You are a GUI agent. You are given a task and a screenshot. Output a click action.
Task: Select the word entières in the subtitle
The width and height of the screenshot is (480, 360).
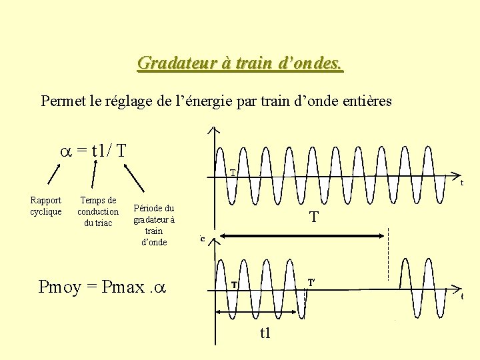point(366,101)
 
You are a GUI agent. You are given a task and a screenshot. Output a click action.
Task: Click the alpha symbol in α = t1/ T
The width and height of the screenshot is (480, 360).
point(65,150)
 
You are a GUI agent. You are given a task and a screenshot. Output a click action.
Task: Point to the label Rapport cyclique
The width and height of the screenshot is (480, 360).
point(46,206)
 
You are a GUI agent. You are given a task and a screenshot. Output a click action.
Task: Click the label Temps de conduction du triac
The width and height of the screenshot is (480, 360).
point(98,211)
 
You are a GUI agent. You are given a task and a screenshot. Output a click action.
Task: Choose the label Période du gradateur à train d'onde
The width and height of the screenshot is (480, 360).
point(154,225)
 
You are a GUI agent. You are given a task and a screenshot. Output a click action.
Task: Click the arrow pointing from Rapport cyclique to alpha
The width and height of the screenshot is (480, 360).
point(53,173)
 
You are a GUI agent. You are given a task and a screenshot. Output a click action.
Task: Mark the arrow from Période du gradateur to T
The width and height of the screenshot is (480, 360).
point(136,177)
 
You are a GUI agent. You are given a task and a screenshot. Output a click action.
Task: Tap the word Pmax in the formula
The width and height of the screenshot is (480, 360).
point(124,287)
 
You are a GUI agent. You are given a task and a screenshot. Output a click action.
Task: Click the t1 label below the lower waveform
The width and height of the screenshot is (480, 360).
point(265,333)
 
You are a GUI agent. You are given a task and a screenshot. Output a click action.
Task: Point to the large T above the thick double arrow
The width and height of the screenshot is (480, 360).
point(313,217)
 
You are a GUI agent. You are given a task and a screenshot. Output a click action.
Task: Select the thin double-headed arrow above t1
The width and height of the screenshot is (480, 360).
point(260,311)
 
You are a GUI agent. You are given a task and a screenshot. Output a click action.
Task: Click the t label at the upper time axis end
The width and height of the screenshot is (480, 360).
point(461,182)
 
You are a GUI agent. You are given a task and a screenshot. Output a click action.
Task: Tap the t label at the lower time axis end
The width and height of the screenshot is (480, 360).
point(462,296)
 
